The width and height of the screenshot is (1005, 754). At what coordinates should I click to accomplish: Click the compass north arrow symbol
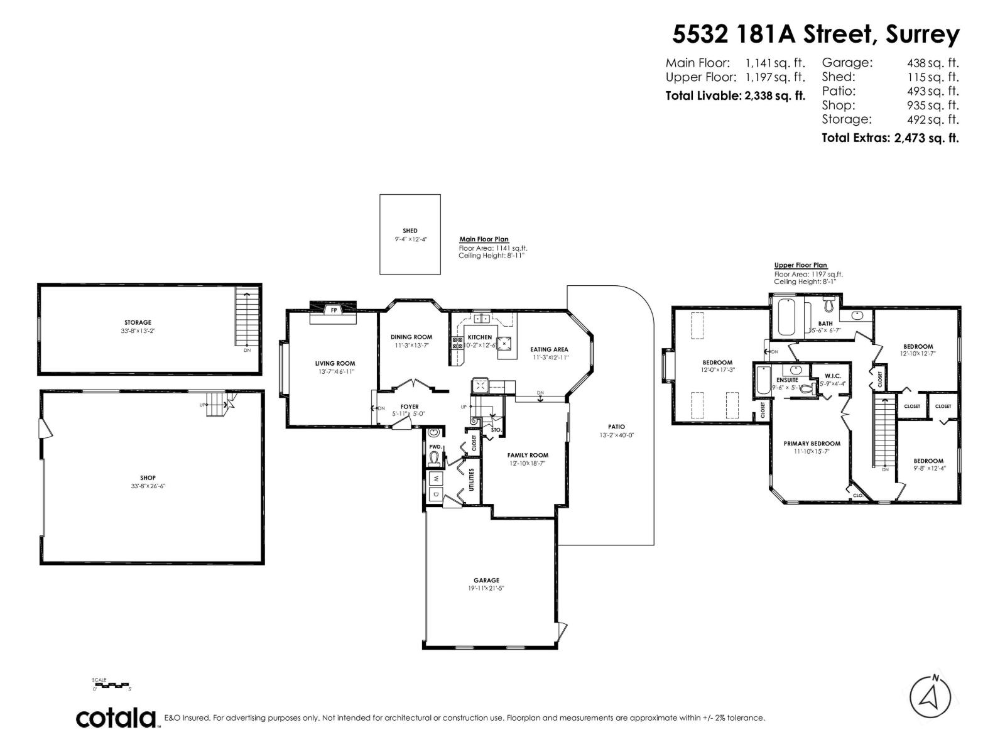pyautogui.click(x=930, y=697)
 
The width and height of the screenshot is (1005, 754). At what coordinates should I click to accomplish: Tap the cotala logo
pyautogui.click(x=117, y=718)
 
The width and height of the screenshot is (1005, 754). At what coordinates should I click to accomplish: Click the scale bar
pyautogui.click(x=111, y=684)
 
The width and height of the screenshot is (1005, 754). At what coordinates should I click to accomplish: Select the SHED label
pyautogui.click(x=410, y=231)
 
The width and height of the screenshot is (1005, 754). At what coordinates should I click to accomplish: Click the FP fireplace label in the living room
pyautogui.click(x=334, y=310)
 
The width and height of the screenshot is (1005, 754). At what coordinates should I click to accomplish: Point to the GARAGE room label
pyautogui.click(x=486, y=580)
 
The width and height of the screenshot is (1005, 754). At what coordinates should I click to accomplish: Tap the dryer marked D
pyautogui.click(x=436, y=494)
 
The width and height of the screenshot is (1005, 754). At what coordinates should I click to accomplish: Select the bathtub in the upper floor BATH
pyautogui.click(x=786, y=318)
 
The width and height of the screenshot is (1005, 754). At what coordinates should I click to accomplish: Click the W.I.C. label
pyautogui.click(x=832, y=376)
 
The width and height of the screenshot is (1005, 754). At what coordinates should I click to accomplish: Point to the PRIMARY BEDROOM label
pyautogui.click(x=812, y=443)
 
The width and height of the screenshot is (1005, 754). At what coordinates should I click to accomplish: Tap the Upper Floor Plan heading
pyautogui.click(x=800, y=265)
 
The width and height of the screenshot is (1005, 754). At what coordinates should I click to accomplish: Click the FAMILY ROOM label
pyautogui.click(x=528, y=455)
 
